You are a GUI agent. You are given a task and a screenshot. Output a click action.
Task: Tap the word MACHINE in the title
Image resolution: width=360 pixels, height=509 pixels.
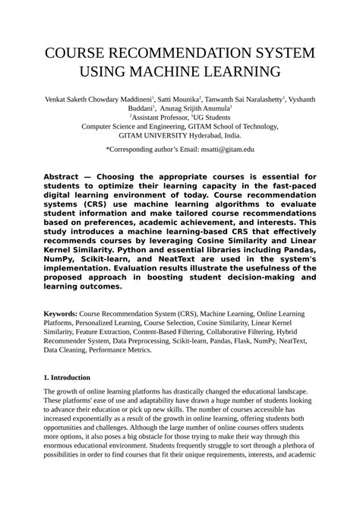[166, 73]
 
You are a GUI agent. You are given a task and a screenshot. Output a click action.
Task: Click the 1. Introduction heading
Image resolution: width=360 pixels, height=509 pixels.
[68, 378]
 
